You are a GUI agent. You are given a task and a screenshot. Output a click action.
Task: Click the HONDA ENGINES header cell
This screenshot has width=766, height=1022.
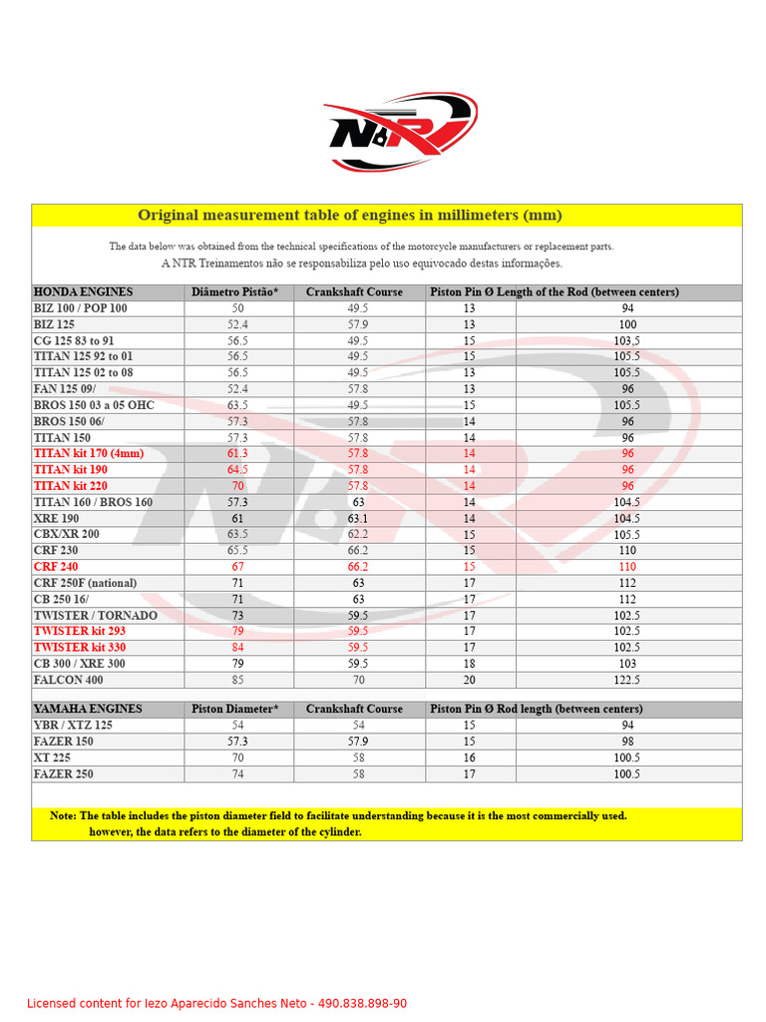click(83, 292)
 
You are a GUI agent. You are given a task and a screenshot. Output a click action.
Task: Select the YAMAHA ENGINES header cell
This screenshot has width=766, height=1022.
click(88, 709)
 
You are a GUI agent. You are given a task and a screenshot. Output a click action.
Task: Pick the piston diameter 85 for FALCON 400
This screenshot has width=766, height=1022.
click(237, 680)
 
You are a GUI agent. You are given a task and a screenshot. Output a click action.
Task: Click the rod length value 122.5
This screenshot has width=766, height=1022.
click(627, 680)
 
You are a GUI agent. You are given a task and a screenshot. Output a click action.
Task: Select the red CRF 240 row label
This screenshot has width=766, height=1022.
click(56, 567)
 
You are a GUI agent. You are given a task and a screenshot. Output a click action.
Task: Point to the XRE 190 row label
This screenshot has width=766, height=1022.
click(56, 518)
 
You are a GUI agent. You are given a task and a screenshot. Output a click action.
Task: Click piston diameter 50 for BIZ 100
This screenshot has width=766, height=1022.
click(237, 308)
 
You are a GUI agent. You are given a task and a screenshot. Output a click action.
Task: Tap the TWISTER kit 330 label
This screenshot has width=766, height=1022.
click(80, 648)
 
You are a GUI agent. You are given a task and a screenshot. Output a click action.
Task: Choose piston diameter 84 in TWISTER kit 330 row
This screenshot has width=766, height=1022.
click(237, 648)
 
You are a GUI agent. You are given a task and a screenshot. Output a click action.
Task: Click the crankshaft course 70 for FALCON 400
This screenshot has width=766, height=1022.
click(357, 680)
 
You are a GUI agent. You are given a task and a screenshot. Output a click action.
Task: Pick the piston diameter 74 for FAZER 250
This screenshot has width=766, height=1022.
click(237, 773)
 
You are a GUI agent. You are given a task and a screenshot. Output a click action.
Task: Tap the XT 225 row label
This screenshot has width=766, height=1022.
click(52, 758)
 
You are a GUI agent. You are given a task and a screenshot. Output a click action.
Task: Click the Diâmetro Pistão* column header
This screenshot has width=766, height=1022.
click(235, 292)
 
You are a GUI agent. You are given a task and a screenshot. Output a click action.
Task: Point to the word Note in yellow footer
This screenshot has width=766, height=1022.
click(62, 815)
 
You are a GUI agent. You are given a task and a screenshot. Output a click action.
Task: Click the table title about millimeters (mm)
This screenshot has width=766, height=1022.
click(349, 216)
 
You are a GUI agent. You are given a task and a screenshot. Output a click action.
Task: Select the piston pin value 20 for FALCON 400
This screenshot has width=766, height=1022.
click(469, 680)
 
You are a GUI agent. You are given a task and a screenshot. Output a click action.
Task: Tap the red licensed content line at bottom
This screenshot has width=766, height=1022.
click(216, 1003)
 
